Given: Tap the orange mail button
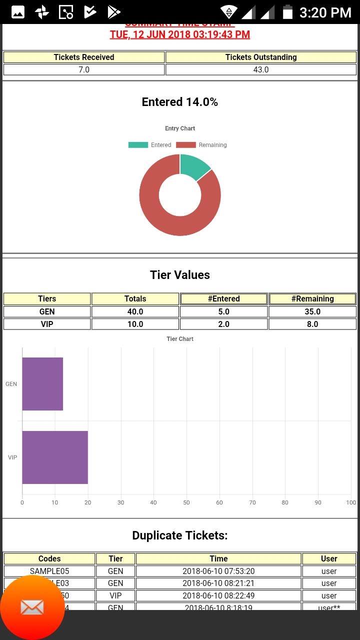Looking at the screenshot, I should tap(32, 607).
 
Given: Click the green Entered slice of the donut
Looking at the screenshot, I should tap(194, 166).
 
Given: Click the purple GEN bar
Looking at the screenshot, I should tap(42, 384).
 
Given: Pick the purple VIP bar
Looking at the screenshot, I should tap(55, 457).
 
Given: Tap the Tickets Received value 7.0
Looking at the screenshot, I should tap(84, 69).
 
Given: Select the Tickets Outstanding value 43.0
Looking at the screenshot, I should tap(261, 69).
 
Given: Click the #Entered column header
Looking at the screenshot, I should tap(223, 298).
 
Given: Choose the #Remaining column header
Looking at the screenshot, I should tap(312, 298).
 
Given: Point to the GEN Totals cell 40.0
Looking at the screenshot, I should tap(135, 311).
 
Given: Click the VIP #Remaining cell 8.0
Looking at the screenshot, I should tap(312, 324).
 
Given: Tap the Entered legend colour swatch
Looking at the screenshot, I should tap(138, 145).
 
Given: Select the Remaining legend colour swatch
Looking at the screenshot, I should tap(185, 145).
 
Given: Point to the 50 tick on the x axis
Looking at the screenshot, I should tap(186, 502).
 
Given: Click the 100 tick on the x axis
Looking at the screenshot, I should tap(351, 502).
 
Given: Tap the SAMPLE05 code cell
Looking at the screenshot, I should tap(49, 571).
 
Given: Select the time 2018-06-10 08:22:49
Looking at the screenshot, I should tap(218, 595).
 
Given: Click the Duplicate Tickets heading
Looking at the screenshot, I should tap(180, 535).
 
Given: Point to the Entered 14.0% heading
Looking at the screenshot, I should tap(180, 102).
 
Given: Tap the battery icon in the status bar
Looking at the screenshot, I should tap(287, 12).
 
